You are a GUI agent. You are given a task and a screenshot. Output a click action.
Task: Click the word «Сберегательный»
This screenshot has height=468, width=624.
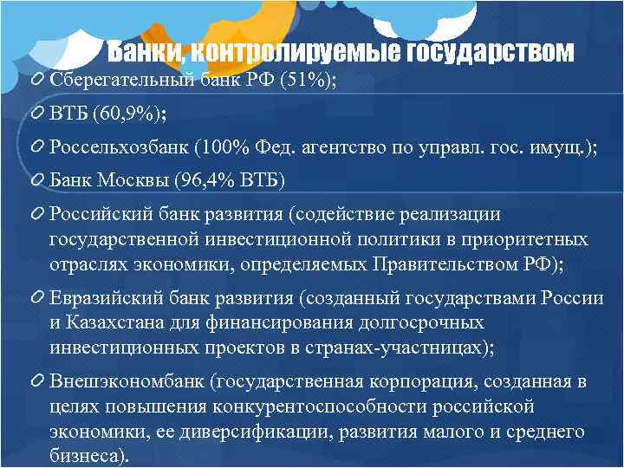point(115,81)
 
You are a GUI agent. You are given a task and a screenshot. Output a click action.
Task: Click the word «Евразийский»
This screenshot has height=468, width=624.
point(102,298)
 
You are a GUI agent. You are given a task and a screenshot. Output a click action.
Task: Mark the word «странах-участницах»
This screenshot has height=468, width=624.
point(395,347)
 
